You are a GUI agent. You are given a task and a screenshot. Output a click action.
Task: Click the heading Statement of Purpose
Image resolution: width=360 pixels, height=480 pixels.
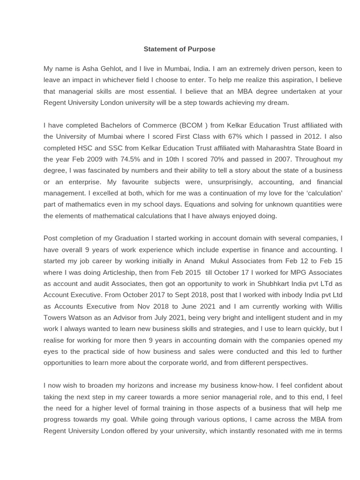tap(179, 49)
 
